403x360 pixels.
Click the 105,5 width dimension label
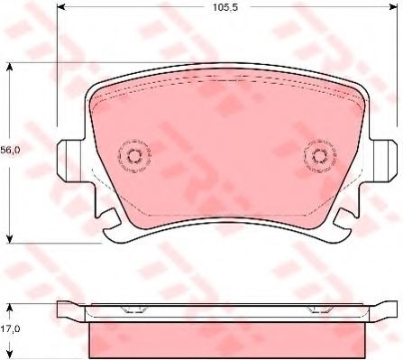[225, 7]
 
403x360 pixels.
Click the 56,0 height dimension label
[10, 150]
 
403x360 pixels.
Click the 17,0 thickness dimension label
[10, 328]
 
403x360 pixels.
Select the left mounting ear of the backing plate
[69, 160]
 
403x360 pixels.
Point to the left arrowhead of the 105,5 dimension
[60, 6]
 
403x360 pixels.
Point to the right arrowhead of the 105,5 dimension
[394, 6]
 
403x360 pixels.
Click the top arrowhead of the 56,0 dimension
[10, 67]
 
